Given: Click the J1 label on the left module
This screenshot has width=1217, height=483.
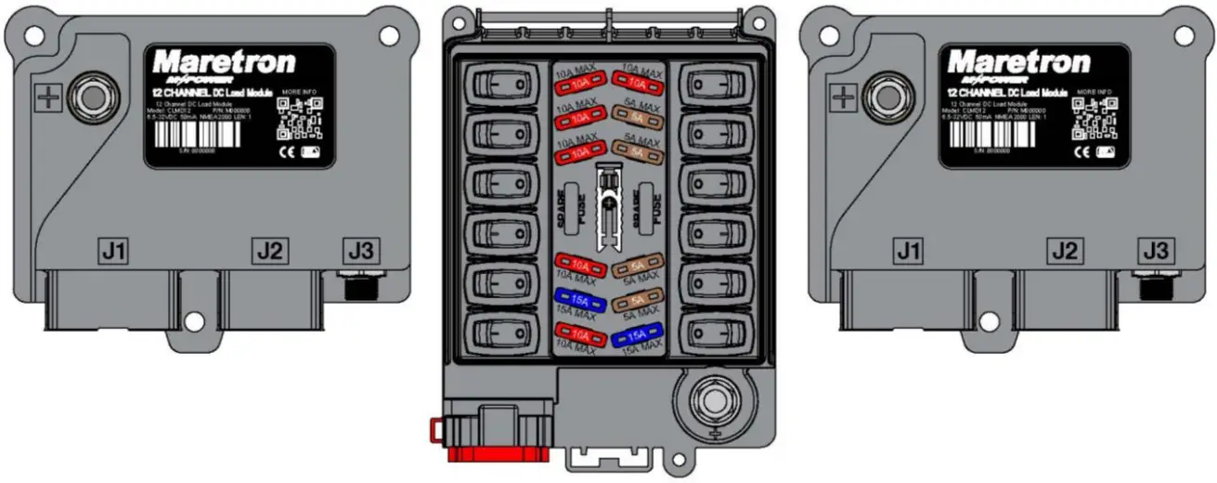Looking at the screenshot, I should click(113, 251).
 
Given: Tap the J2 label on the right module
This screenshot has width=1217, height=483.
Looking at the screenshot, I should click(1066, 251).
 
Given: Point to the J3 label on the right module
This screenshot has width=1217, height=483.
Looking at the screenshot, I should click(1155, 251).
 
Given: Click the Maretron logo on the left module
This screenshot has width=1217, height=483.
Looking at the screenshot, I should click(224, 63).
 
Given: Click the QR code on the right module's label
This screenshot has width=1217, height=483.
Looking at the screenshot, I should click(1093, 119).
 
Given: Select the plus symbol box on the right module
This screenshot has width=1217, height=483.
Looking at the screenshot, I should click(841, 96).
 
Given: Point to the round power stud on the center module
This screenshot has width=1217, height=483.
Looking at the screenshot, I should click(714, 398).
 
